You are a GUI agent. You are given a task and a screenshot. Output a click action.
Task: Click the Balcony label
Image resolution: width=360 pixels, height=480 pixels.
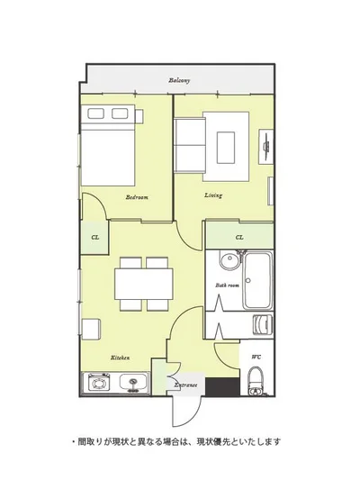point(179,80)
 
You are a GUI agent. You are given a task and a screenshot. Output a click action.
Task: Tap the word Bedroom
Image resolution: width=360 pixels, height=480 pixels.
point(137,197)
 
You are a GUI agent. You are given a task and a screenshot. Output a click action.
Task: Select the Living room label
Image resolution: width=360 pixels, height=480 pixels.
point(213,195)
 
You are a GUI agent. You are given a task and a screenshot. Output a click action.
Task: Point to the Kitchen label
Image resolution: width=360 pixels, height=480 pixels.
point(120,358)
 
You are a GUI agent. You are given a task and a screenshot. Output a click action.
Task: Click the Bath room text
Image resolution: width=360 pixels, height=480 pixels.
point(227,285)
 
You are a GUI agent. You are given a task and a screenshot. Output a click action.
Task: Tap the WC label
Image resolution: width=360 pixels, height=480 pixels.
point(256,357)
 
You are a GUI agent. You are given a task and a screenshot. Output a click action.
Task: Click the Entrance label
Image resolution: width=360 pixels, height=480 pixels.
point(185,385)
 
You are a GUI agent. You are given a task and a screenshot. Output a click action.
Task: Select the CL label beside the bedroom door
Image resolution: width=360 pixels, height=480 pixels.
point(95,237)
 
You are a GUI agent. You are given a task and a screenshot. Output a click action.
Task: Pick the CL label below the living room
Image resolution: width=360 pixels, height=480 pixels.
point(239,237)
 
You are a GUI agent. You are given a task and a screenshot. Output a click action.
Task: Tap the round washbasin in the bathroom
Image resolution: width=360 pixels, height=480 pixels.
point(229,260)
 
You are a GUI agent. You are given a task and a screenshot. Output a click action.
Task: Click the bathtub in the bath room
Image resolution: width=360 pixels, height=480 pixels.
point(257,280)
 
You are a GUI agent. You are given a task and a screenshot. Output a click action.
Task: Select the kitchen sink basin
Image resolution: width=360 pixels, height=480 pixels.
point(133,382)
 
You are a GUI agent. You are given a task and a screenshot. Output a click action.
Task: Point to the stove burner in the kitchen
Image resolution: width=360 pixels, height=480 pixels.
point(99,383)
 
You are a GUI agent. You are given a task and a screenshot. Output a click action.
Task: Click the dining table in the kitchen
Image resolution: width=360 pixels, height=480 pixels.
point(144,284)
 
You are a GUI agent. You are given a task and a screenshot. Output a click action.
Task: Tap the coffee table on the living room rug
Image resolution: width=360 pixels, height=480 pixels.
point(226,148)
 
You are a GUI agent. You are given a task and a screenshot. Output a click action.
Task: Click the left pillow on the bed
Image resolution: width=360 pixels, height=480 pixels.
point(95,113)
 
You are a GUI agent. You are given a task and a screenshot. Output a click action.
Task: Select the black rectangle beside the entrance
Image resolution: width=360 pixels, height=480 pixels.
point(222,386)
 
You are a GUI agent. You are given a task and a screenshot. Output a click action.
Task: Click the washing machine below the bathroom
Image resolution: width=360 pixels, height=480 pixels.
point(263,324)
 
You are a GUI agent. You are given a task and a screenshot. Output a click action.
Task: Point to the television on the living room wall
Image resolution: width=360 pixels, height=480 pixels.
point(266,146)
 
